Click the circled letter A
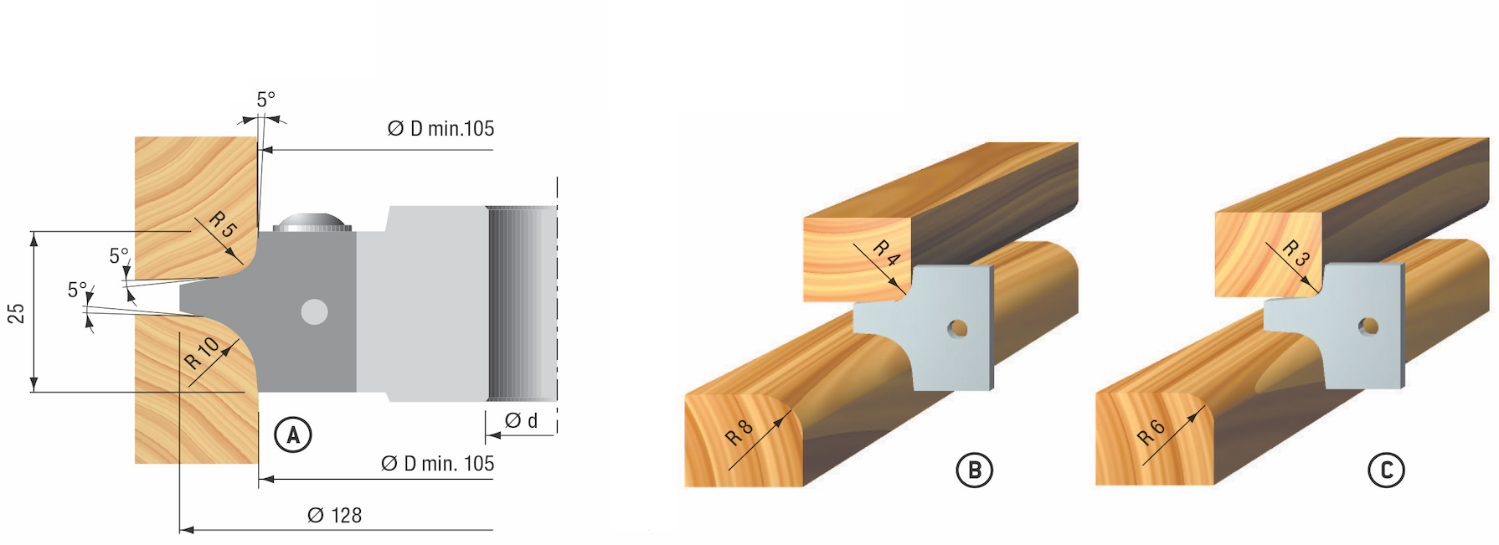coord(293,435)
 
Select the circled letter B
coord(974,470)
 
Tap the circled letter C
coord(1386,470)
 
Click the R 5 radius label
coord(224,224)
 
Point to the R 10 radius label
coord(201,352)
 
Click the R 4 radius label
coord(886,253)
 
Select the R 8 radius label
coord(739,433)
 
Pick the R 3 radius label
coord(1295,253)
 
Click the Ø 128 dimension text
coord(334,516)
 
